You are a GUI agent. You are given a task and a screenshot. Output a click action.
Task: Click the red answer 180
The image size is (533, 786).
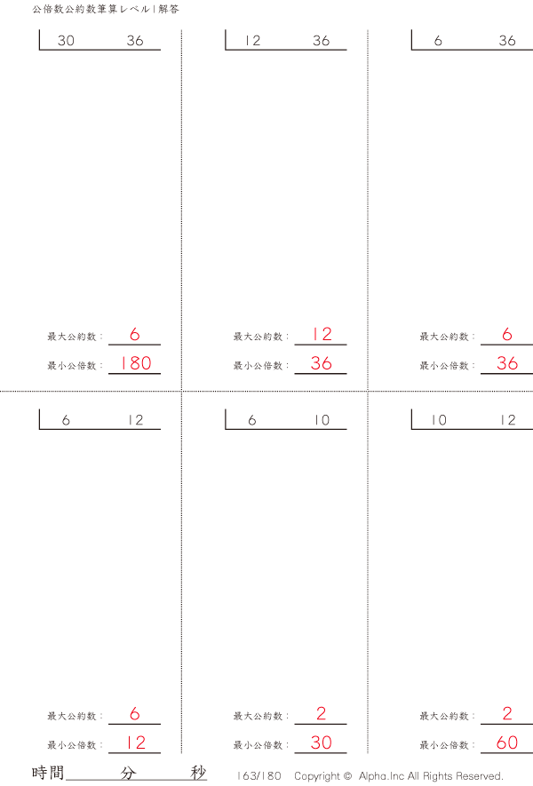134,363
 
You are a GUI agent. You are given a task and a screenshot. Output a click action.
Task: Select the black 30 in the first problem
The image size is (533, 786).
66,41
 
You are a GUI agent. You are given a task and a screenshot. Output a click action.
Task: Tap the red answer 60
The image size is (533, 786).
507,743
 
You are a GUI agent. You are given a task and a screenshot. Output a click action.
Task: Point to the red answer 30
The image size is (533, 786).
321,743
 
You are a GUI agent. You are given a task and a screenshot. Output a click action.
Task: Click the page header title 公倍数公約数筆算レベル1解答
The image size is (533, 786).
105,10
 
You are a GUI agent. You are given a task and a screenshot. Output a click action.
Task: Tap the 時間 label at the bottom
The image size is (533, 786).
48,773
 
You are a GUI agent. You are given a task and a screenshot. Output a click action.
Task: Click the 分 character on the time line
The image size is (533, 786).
129,773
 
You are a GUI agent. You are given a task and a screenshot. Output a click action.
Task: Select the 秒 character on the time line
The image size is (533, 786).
198,773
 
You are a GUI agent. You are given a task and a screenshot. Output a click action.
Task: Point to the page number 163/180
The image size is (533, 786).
259,776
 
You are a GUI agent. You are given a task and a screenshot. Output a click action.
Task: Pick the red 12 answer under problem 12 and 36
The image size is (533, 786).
321,335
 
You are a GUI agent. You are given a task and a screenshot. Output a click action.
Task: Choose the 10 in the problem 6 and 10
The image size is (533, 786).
321,421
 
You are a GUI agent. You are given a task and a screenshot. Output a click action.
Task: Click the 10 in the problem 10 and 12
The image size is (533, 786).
439,421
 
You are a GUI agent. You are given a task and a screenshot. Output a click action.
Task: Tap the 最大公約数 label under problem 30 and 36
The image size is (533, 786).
75,337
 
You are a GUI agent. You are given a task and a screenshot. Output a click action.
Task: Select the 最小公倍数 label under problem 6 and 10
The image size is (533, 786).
261,746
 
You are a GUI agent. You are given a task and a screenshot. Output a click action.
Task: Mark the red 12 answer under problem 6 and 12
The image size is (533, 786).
134,743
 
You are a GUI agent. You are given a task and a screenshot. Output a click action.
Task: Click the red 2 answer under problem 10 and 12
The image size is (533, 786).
507,714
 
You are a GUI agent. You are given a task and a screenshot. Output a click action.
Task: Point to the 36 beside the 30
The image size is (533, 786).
134,41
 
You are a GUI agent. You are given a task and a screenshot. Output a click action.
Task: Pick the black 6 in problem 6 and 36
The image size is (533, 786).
439,41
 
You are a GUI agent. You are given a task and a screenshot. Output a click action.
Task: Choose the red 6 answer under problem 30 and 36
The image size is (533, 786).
134,335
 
